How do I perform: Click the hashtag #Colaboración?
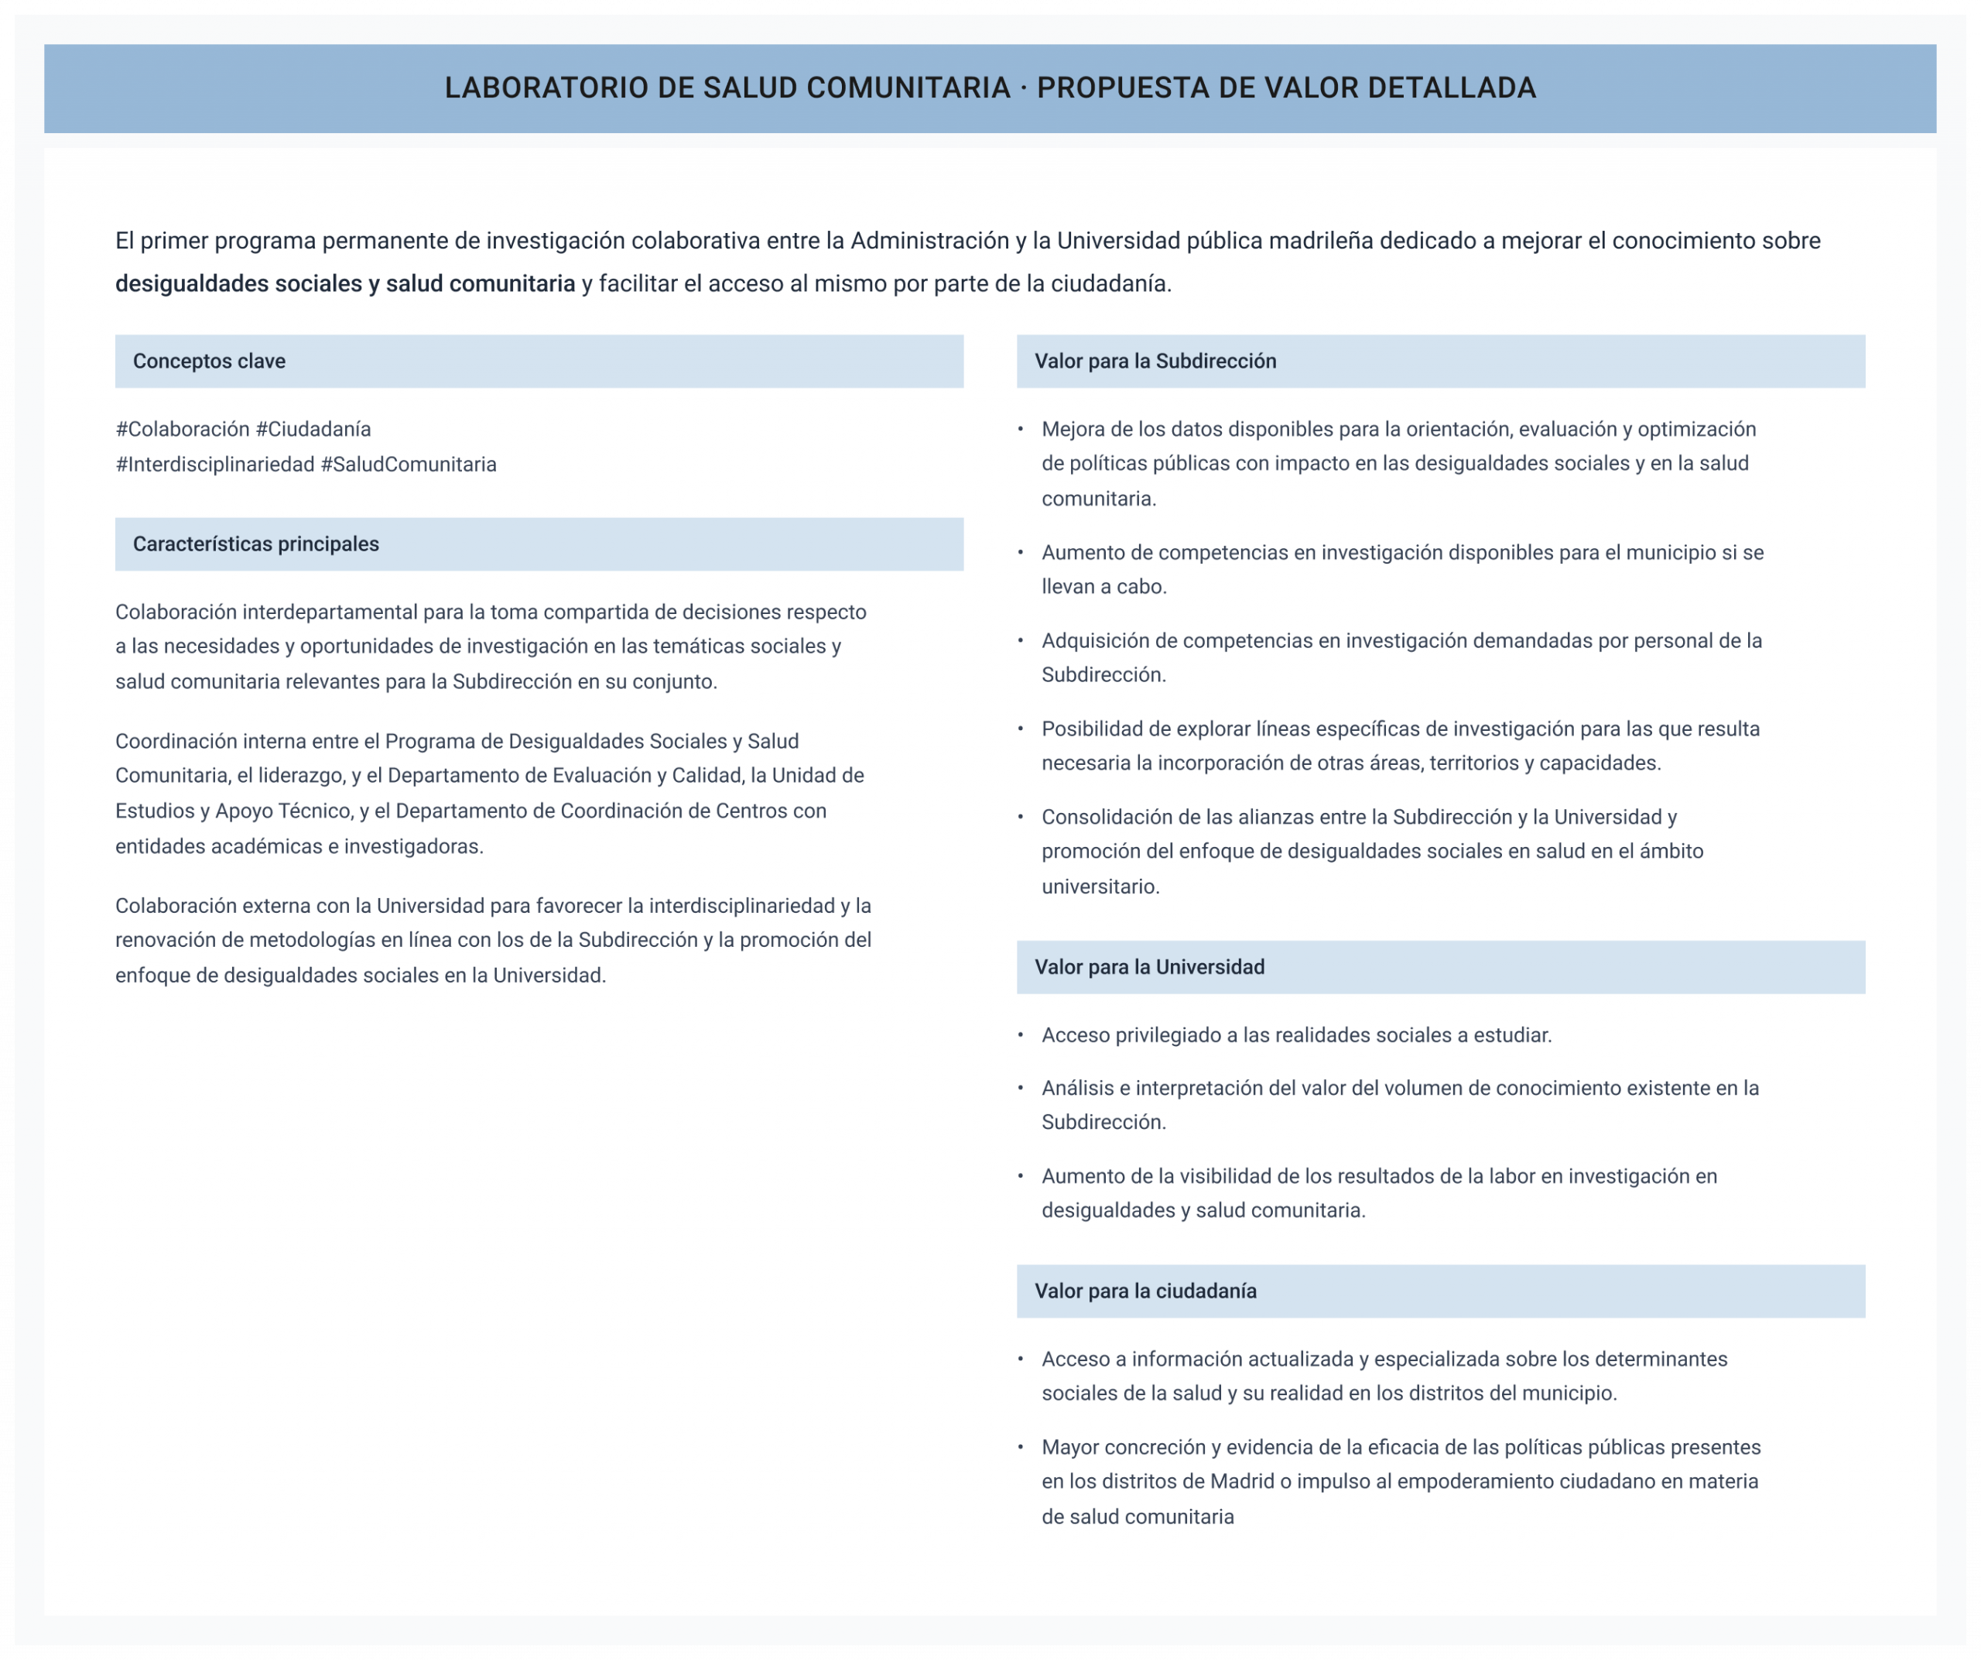coord(182,430)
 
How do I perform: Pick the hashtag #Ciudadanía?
coord(313,430)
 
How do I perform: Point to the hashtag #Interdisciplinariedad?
coord(214,465)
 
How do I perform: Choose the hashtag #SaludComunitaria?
coord(409,465)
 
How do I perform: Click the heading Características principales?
coord(255,544)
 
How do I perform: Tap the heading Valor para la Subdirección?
coord(1155,362)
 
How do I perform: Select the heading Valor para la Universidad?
coord(1149,967)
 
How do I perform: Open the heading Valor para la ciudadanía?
coord(1145,1291)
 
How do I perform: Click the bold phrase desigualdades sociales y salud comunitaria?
coord(345,284)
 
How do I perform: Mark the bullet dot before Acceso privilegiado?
coord(1021,1035)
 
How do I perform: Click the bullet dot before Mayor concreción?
coord(1021,1447)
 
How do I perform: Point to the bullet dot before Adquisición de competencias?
coord(1021,641)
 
